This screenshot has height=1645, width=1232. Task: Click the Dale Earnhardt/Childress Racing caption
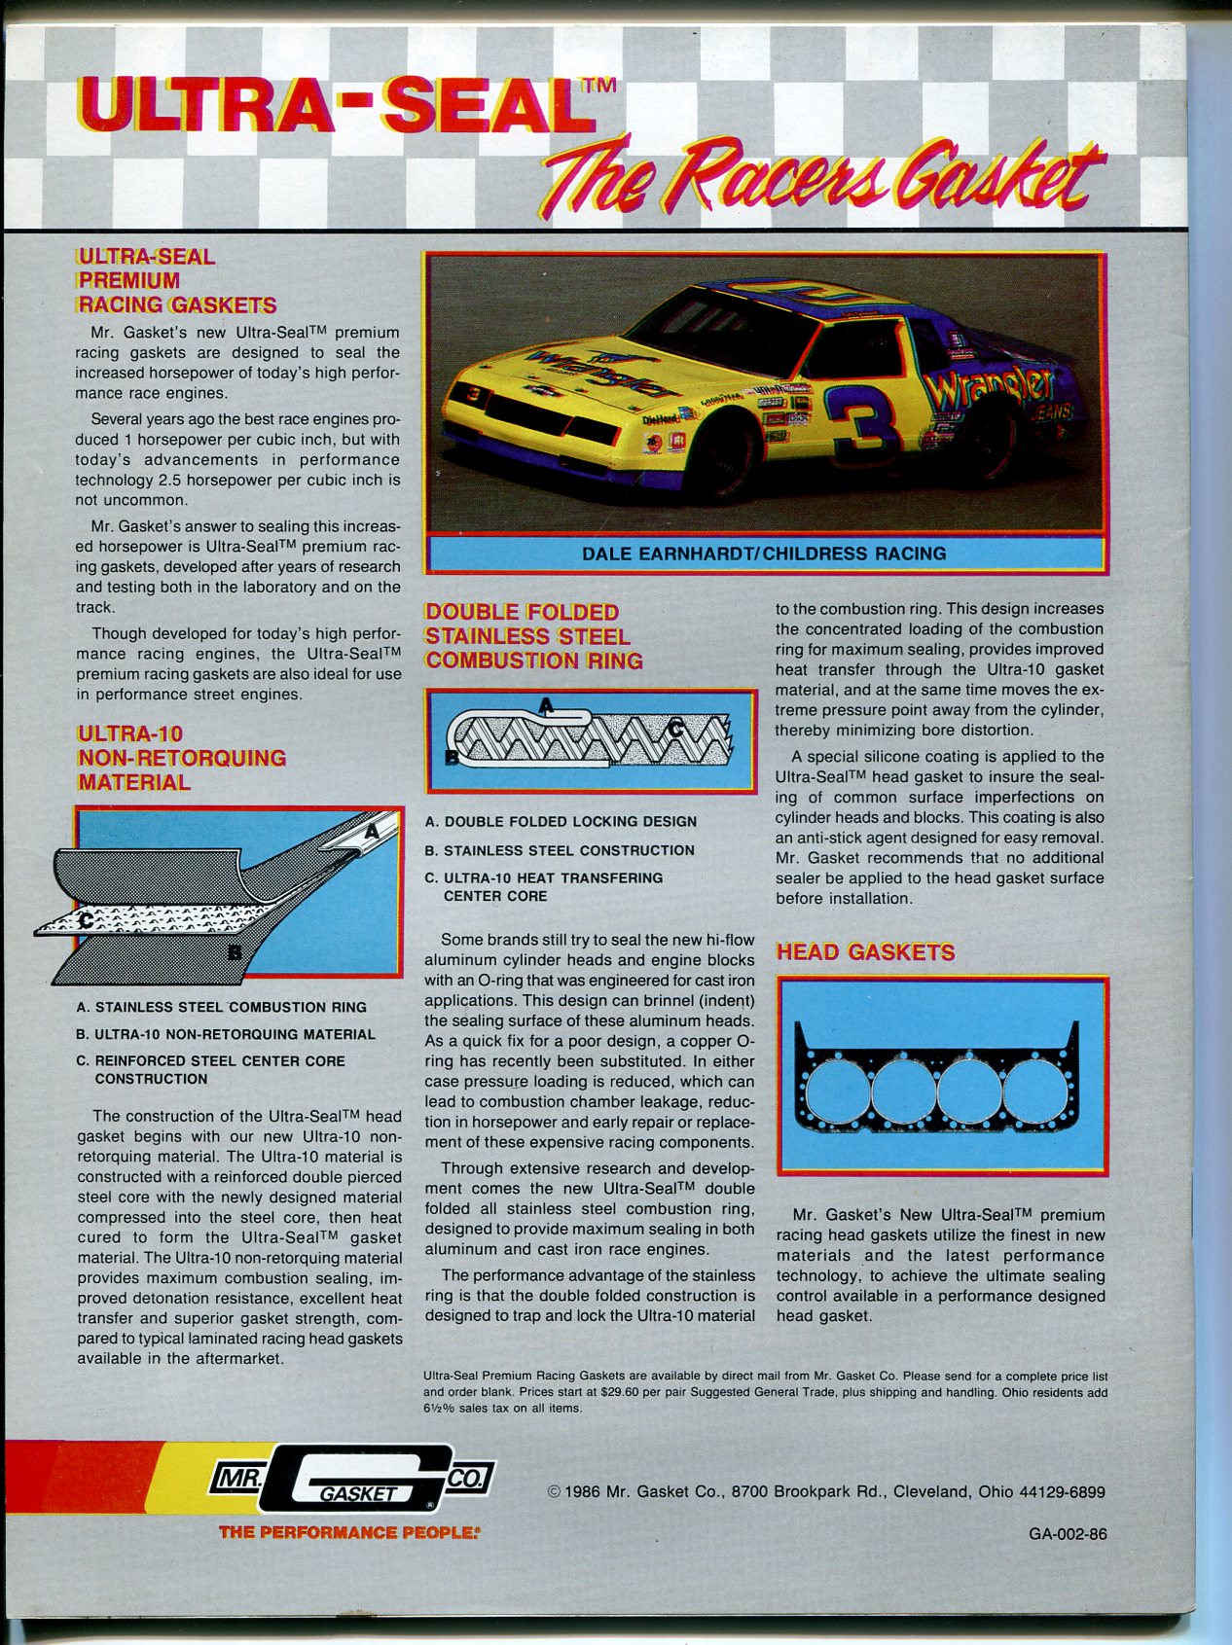(x=764, y=554)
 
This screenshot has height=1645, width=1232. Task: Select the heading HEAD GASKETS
(x=865, y=952)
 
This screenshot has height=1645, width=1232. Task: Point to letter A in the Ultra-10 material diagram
(x=371, y=832)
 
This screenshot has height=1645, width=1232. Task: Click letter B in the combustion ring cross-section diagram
(x=452, y=756)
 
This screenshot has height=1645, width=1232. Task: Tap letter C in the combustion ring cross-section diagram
(x=674, y=728)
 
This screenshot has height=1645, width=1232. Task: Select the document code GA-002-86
(x=1068, y=1534)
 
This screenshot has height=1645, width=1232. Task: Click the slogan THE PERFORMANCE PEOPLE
(x=348, y=1532)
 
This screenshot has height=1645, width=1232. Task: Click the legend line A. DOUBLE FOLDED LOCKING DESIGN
(x=561, y=822)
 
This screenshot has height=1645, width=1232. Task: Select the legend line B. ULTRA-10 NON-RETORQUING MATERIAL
(x=226, y=1034)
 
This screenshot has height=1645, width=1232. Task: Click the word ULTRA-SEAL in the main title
(x=336, y=107)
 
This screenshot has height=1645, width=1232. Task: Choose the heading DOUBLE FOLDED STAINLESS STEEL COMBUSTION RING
(x=533, y=636)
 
